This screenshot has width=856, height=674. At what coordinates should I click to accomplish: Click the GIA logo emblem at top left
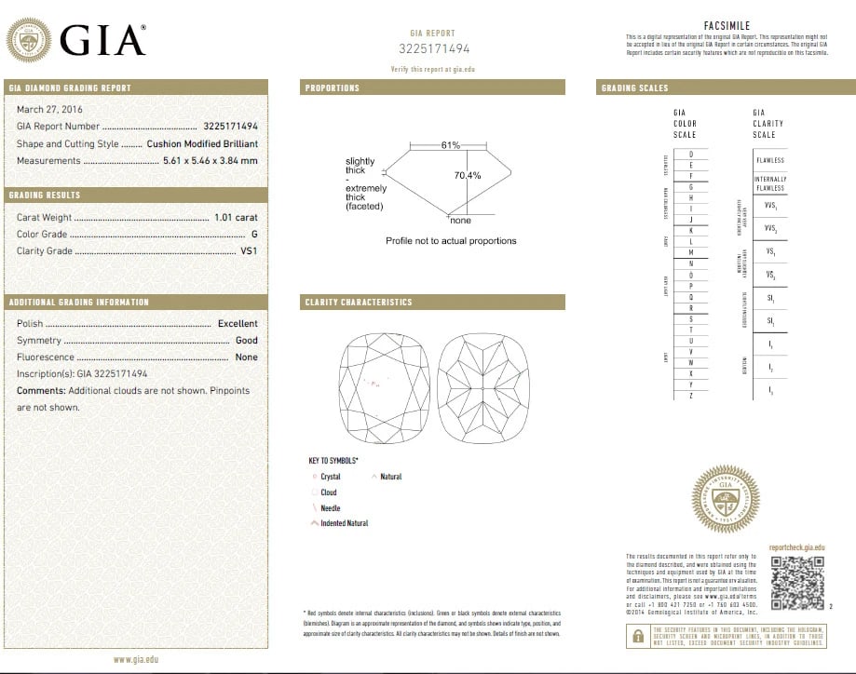tap(29, 40)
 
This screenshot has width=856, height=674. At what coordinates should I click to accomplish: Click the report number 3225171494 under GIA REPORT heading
tap(435, 48)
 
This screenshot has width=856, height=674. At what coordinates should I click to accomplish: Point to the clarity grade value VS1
tap(249, 251)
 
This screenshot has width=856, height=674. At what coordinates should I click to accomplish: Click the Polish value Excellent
tap(238, 324)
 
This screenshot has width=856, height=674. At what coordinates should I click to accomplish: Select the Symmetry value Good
tap(246, 341)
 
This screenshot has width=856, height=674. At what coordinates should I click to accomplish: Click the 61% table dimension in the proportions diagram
tap(451, 145)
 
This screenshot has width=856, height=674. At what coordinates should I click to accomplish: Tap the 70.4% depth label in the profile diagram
tap(468, 175)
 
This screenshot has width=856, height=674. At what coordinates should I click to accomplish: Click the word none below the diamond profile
tap(460, 221)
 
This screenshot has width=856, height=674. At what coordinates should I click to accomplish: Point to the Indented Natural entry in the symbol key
tap(344, 523)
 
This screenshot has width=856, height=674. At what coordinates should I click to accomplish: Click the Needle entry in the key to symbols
tap(330, 508)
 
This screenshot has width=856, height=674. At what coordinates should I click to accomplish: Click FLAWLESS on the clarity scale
tap(770, 160)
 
